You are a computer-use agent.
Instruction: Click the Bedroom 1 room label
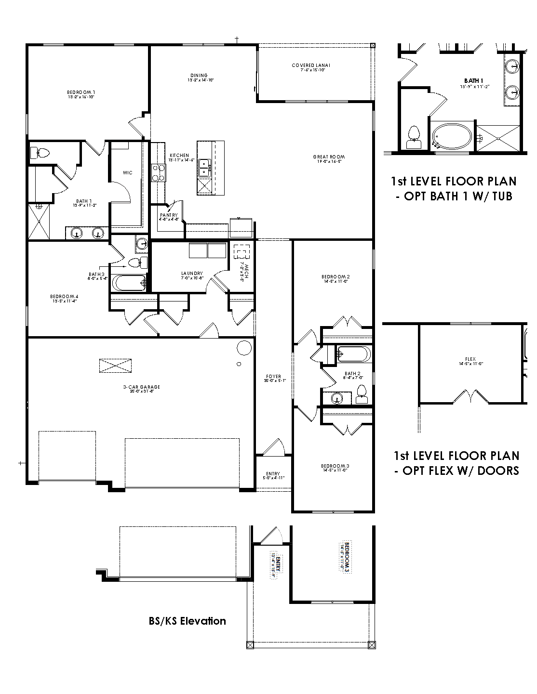(81, 92)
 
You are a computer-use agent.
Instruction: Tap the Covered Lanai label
(310, 65)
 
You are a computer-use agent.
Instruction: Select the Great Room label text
(329, 157)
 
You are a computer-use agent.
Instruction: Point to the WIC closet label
(127, 172)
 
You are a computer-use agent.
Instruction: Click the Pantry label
(169, 215)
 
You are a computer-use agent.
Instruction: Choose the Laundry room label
(192, 274)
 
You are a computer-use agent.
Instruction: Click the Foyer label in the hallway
(273, 377)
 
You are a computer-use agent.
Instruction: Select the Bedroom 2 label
(336, 277)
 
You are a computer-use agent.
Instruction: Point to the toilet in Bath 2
(361, 395)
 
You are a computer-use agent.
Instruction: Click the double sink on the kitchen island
(204, 167)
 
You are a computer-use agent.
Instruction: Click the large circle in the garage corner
(244, 347)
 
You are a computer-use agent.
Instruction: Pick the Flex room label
(470, 359)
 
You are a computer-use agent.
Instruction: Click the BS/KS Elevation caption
(187, 621)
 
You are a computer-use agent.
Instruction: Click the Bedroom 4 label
(65, 296)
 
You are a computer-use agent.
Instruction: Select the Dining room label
(199, 76)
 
